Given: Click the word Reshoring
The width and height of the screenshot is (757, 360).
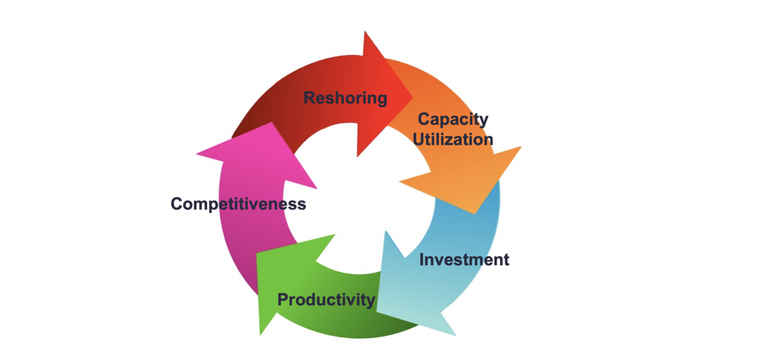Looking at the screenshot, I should tap(345, 98).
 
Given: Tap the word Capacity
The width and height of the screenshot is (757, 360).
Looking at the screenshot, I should tap(453, 119).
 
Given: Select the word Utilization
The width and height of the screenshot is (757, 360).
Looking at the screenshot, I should tap(453, 139).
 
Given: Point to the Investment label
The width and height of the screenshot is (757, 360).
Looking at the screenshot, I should tap(464, 259).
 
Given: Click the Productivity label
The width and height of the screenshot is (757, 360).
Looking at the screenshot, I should tap(326, 300).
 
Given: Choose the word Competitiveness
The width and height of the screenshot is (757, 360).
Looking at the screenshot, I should tap(238, 204).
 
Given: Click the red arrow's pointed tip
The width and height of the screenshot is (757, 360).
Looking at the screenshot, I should tap(412, 98).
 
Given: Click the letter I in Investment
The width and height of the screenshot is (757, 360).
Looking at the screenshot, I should tap(422, 259).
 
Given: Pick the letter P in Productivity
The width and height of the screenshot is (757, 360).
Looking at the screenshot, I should tap(283, 300).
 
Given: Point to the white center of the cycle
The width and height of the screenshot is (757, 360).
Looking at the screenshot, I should tap(359, 197).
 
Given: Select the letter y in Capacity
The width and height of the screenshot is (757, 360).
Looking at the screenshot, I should tap(483, 121).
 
